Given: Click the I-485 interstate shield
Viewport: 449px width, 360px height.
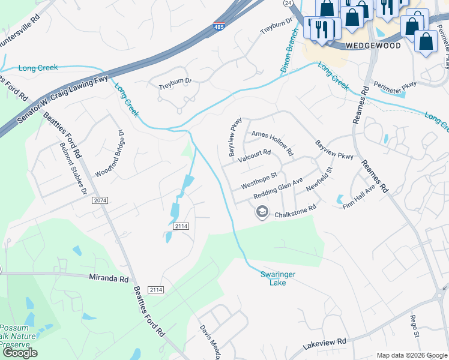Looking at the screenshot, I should click(219, 28).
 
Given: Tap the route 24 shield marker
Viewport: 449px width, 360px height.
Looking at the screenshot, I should click(288, 3).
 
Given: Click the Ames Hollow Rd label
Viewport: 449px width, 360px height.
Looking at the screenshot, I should click(272, 142).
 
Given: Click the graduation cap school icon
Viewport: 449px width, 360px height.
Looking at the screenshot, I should click(262, 212).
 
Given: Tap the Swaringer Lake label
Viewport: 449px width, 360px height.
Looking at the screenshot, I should click(277, 278).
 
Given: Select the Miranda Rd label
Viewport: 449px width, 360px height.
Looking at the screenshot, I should click(109, 279).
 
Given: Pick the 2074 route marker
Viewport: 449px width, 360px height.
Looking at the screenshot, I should click(100, 200).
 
